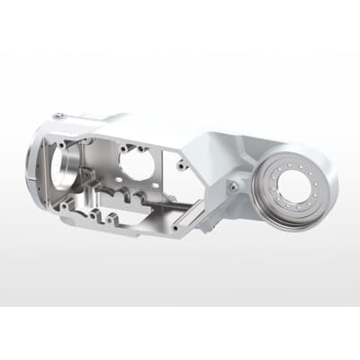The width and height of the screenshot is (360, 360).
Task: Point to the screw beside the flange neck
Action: pos(233,186)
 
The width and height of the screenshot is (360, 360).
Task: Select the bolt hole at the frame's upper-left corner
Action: pos(61,142)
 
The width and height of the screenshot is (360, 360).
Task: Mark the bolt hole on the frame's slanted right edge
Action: pos(184,166)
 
